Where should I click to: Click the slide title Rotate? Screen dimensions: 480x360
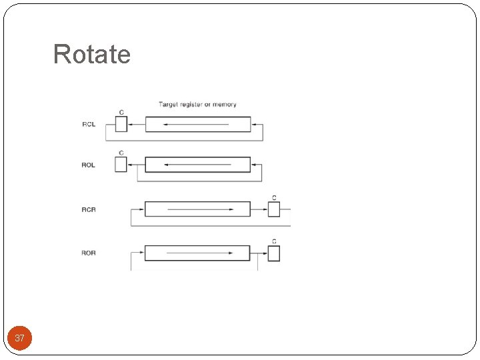pos(92,54)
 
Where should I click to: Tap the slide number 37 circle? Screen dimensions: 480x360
pos(19,338)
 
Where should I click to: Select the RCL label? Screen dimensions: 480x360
pos(89,125)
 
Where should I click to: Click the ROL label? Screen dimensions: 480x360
pos(89,165)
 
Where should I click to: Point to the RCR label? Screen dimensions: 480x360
pos(89,210)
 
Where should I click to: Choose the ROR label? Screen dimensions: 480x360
pos(89,253)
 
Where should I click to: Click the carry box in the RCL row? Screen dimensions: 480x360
pos(121,125)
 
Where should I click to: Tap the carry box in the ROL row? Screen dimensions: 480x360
pos(121,165)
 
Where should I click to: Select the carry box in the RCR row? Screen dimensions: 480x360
pos(274,209)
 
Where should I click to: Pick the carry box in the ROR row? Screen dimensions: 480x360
pos(274,253)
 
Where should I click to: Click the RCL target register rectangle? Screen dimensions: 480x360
pos(198,125)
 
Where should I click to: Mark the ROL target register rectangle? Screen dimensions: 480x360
pos(198,165)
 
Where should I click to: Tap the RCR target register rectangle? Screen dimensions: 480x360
pos(197,209)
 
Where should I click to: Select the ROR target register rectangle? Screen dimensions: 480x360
pos(197,253)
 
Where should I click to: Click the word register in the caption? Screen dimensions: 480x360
pos(191,105)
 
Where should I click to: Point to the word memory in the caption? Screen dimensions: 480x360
pos(225,105)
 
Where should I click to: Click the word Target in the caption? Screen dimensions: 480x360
pos(167,105)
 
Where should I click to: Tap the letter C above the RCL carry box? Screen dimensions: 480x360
pos(121,112)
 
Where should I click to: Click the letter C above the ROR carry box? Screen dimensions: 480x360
pos(274,241)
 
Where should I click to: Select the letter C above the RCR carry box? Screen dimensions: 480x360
pos(274,197)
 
